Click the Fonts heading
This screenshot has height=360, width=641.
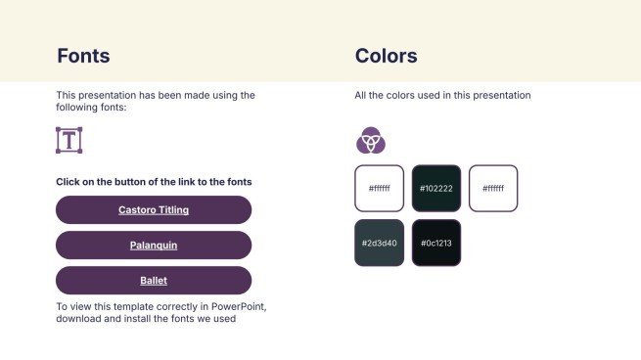pyautogui.click(x=83, y=56)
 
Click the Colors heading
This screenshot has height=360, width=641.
pyautogui.click(x=386, y=56)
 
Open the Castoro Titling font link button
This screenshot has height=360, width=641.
pyautogui.click(x=154, y=210)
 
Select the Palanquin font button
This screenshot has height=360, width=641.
pyautogui.click(x=154, y=246)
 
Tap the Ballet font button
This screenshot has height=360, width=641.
pyautogui.click(x=154, y=281)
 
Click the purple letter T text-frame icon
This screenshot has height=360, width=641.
pyautogui.click(x=69, y=140)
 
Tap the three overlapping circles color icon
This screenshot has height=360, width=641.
pyautogui.click(x=370, y=141)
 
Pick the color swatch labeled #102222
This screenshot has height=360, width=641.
pyautogui.click(x=435, y=188)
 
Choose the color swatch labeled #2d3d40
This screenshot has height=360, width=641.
pyautogui.click(x=379, y=243)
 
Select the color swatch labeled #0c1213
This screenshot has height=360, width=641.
pyautogui.click(x=435, y=243)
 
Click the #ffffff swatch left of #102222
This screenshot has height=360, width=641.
pyautogui.click(x=379, y=188)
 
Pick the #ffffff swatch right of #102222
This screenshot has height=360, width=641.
pyautogui.click(x=493, y=188)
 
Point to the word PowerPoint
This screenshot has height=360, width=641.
pyautogui.click(x=240, y=307)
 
